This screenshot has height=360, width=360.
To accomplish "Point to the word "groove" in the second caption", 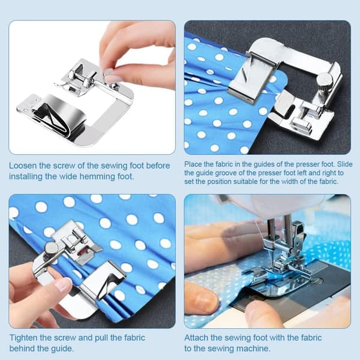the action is click(227, 173).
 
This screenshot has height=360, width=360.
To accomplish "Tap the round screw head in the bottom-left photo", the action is click(52, 247).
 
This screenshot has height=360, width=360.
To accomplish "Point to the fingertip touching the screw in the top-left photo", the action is click(109, 74).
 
